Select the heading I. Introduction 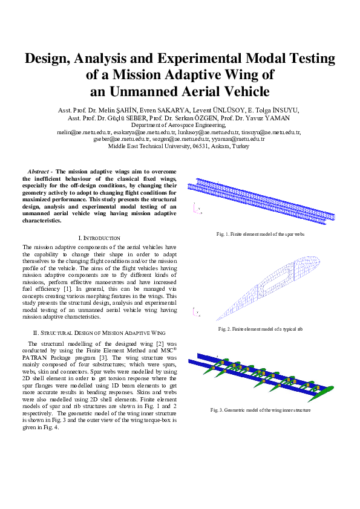tap(99, 239)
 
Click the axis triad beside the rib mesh tap(197, 313)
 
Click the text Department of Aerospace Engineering tap(178, 125)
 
